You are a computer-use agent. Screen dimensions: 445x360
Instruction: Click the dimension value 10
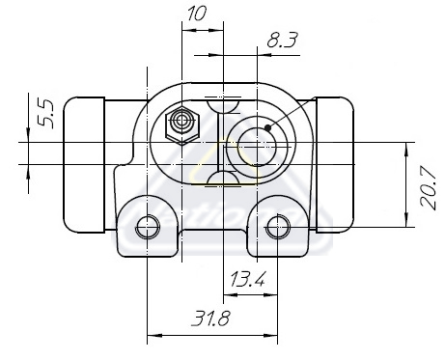click(196, 14)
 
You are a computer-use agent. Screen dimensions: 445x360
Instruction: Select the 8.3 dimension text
click(283, 40)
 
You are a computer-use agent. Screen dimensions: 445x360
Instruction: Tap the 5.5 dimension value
click(45, 114)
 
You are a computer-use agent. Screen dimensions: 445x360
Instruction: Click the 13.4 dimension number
click(248, 279)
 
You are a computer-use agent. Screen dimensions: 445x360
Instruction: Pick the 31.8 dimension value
click(210, 318)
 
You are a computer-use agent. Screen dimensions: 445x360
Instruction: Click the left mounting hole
click(148, 228)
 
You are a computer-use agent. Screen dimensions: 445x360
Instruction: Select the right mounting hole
click(278, 227)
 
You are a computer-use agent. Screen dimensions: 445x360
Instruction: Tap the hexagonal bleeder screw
click(182, 125)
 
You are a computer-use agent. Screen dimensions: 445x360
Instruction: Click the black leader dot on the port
click(267, 127)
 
